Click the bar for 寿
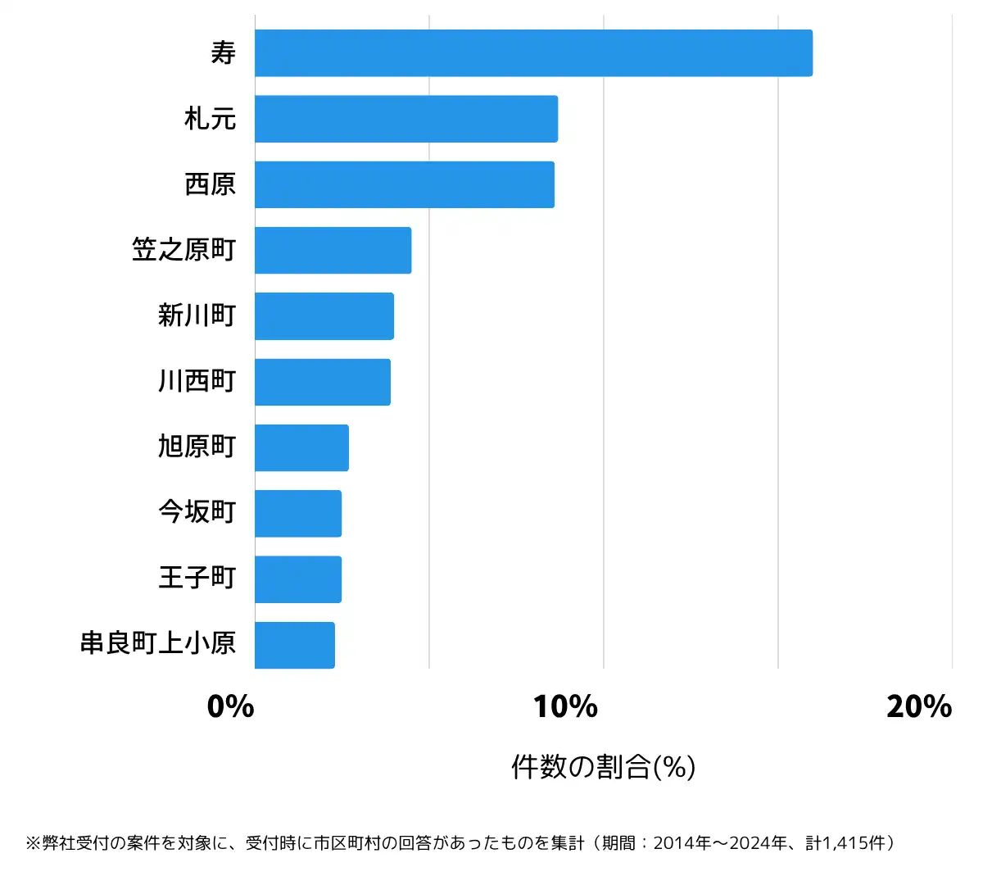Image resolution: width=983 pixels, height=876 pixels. pos(533,53)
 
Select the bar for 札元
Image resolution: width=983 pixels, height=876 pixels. pos(406,119)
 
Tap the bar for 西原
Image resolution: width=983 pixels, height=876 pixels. pos(405,184)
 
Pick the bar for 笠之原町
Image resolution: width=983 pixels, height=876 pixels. pos(333,250)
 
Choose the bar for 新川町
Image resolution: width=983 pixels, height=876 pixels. pos(324,316)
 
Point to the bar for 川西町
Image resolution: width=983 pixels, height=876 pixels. pos(323,382)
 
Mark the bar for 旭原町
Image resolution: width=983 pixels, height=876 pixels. pos(301,447)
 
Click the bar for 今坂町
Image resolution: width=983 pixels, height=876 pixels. pos(298,514)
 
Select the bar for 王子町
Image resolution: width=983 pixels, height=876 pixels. pos(298,579)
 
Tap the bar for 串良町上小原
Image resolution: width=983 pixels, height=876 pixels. pos(295,645)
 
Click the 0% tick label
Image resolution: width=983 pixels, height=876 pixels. pos(230,706)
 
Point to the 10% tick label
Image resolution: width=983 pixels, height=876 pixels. pos(565,706)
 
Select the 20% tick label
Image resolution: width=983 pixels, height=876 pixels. pos(918,706)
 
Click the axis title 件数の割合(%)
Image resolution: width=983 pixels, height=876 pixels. pos(603,767)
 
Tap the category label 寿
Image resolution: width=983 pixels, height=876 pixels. pos(223,53)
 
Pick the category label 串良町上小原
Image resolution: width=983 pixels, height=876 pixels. pos(158,643)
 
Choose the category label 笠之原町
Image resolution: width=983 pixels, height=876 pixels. pos(184,250)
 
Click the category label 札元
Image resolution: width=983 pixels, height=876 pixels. pos(211,119)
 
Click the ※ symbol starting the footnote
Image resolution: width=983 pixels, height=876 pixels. pos(33,843)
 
